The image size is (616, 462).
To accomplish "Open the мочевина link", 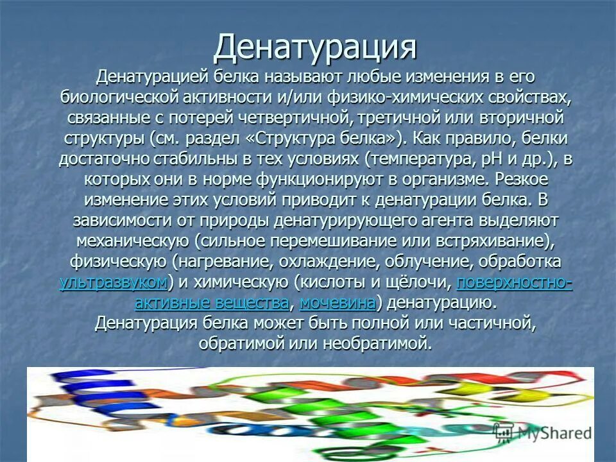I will coord(338,302).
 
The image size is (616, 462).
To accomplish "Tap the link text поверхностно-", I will coord(514,282).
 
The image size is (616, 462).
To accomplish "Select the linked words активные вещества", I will coord(212,302).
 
